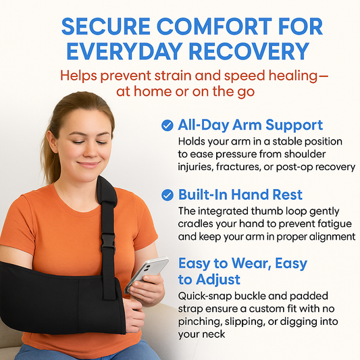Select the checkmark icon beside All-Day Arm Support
point(167,125)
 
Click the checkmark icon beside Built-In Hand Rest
point(167,195)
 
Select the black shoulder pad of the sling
point(107,196)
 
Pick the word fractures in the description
point(251,167)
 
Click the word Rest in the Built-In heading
point(286,195)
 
